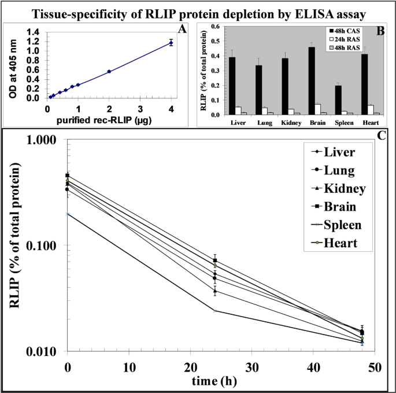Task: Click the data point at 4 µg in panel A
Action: pos(171,42)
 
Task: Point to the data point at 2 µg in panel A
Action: pos(109,71)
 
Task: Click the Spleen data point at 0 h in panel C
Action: pos(68,214)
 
